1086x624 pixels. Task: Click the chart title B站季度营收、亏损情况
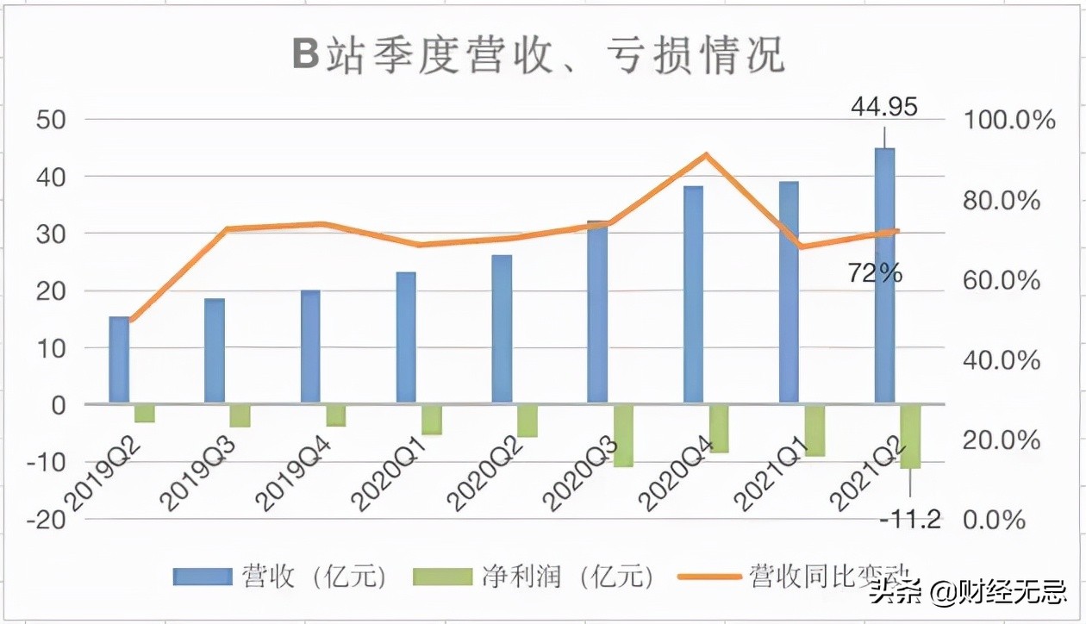coord(538,56)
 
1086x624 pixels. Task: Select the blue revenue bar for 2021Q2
coord(884,276)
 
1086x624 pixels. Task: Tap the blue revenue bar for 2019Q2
coord(119,359)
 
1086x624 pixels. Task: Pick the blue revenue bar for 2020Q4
coord(694,295)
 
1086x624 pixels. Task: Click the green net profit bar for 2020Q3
coord(623,435)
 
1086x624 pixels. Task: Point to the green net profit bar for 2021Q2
coord(910,436)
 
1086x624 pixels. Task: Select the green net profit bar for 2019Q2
coord(145,413)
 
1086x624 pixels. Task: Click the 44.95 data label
coord(884,107)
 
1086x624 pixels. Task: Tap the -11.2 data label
coord(911,519)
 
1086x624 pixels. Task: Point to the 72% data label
coord(876,274)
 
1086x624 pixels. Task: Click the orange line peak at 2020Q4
coord(706,155)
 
